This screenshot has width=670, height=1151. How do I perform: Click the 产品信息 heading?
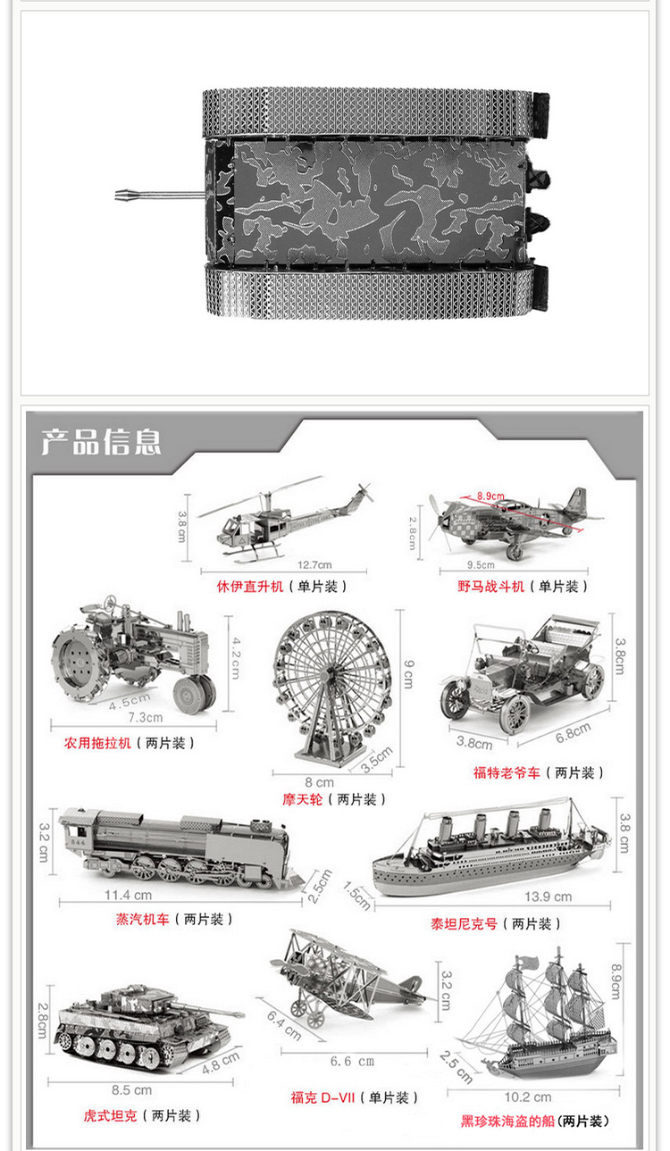pos(101,441)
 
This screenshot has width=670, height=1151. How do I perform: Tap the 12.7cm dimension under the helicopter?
pos(314,564)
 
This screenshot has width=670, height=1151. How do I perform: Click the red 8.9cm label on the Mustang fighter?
pos(490,496)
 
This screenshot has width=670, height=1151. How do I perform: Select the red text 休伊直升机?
pos(250,587)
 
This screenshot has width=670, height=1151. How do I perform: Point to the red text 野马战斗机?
pos(491,587)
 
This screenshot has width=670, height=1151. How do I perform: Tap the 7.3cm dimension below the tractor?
pos(146,717)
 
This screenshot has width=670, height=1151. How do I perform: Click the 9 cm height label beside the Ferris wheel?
pos(408,673)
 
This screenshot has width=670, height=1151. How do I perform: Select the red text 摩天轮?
pos(302,799)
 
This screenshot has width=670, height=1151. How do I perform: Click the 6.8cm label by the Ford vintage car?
pos(573,733)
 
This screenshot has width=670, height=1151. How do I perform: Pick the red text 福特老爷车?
pos(507,772)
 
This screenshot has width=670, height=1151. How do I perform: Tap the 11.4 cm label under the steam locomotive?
pos(128,895)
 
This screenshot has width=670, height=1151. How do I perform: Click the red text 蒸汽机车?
pos(142,919)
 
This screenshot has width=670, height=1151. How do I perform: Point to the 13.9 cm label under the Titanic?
pos(549,897)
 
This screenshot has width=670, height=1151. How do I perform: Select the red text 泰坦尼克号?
pos(464,924)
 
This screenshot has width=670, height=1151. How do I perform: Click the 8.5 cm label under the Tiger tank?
pos(131,1090)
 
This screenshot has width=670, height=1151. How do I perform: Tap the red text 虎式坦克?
pos(110,1115)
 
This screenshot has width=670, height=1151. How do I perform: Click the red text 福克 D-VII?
pos(322,1097)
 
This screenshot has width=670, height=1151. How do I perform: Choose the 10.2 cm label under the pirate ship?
pos(528,1097)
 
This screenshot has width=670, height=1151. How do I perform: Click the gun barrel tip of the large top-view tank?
pos(116,196)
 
